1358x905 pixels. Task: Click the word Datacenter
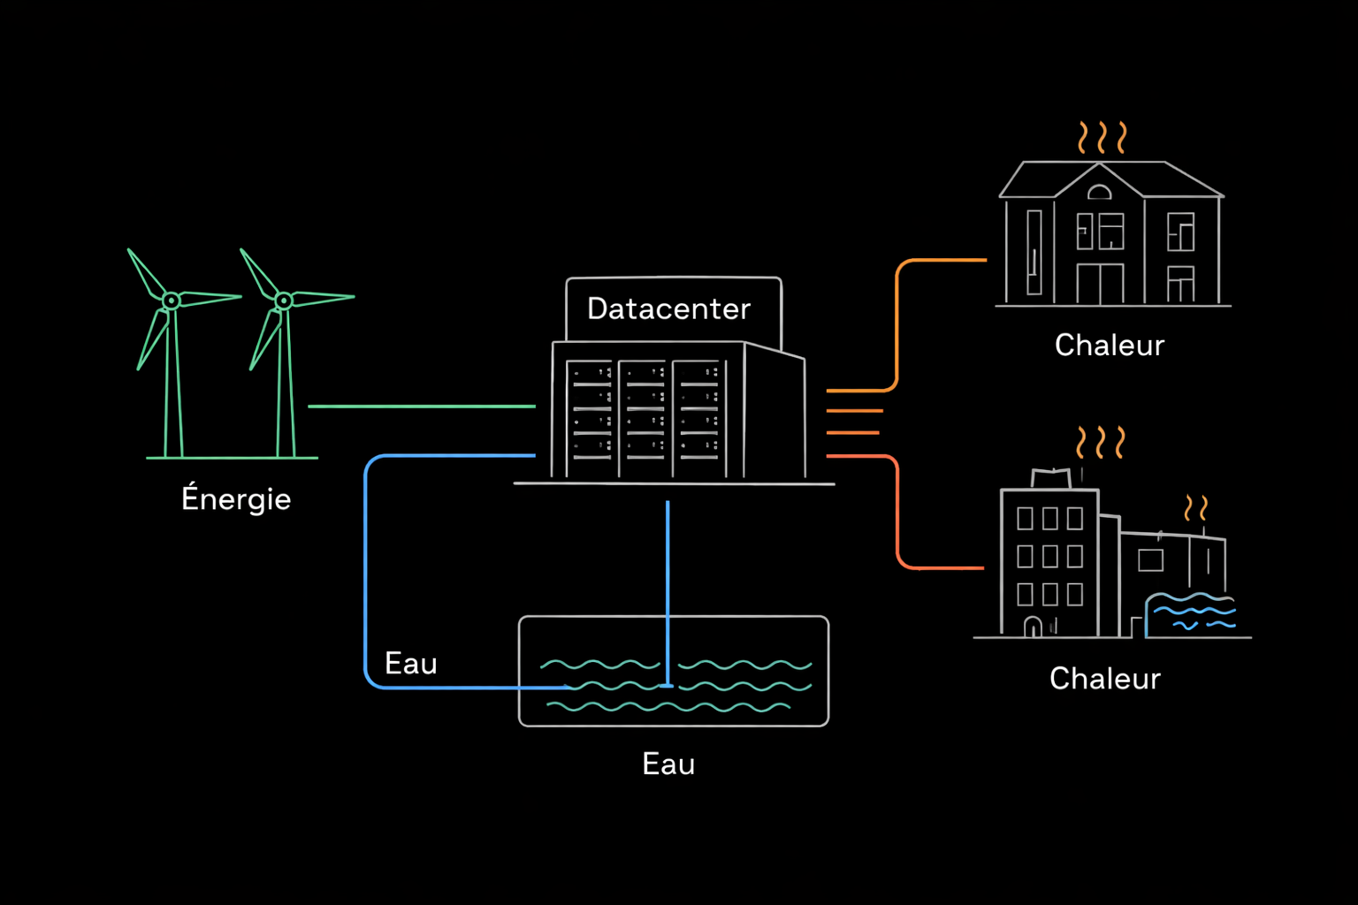668,308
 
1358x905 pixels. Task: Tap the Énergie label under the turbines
236,498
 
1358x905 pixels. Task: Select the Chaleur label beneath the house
1109,345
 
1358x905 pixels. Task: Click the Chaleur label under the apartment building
1104,678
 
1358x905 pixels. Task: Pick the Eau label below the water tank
668,764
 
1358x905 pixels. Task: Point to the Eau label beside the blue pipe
411,663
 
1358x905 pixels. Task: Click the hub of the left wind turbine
172,300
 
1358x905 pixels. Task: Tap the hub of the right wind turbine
284,300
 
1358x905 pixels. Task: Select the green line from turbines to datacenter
421,407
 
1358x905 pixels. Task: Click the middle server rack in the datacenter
645,417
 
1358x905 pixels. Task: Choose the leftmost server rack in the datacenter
591,417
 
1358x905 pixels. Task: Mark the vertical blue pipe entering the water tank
668,566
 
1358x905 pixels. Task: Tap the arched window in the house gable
1099,192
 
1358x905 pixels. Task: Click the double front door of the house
1100,284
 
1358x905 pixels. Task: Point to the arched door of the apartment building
1033,627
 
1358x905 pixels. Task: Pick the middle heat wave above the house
1102,138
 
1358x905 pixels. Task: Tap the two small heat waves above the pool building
1195,508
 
